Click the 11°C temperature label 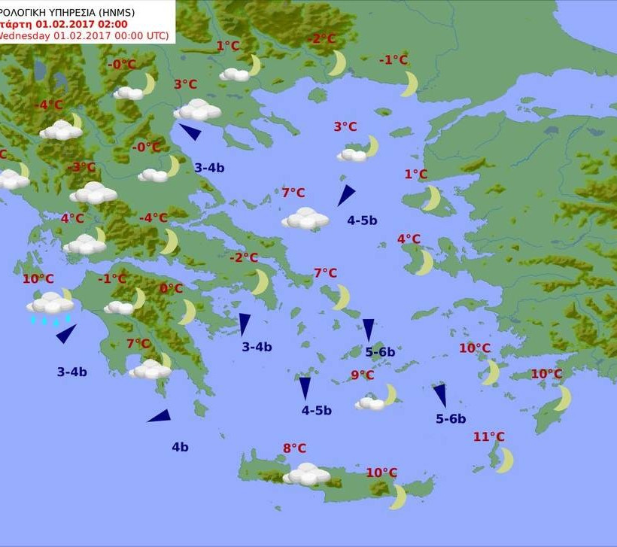[x=489, y=437]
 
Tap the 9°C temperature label [x=362, y=375]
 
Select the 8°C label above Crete [x=294, y=448]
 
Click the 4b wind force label [x=180, y=447]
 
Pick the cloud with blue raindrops [x=50, y=305]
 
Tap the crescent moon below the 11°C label [x=505, y=460]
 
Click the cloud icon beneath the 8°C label [x=306, y=474]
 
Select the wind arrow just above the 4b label [x=160, y=416]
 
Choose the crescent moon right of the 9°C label [x=389, y=394]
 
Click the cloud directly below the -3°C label [x=93, y=193]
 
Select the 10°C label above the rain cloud [x=38, y=279]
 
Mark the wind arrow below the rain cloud [x=66, y=333]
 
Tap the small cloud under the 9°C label [x=370, y=403]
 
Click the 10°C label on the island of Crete [x=381, y=473]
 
